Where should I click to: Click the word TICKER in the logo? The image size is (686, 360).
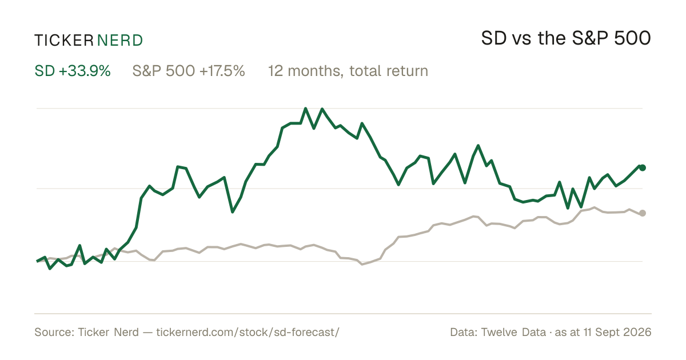tap(64, 41)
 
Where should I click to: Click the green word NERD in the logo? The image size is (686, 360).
tap(119, 41)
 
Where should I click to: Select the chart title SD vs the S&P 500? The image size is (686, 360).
tap(566, 38)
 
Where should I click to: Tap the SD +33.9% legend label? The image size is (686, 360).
tap(73, 71)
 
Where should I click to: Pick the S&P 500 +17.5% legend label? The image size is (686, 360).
tap(189, 71)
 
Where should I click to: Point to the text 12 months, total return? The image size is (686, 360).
tap(348, 71)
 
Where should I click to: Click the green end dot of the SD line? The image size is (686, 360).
tap(643, 168)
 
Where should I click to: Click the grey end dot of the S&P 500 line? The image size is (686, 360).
tap(643, 213)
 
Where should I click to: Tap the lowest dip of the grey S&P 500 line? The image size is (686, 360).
tap(362, 264)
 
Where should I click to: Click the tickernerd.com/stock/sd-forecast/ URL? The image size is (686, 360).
tap(248, 333)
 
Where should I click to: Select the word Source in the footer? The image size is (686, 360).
tap(54, 333)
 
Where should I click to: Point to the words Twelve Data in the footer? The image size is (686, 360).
tap(513, 333)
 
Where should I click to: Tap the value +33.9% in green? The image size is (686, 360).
tap(85, 71)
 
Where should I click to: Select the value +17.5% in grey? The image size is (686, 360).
tap(222, 71)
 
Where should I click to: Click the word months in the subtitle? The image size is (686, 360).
tap(314, 71)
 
